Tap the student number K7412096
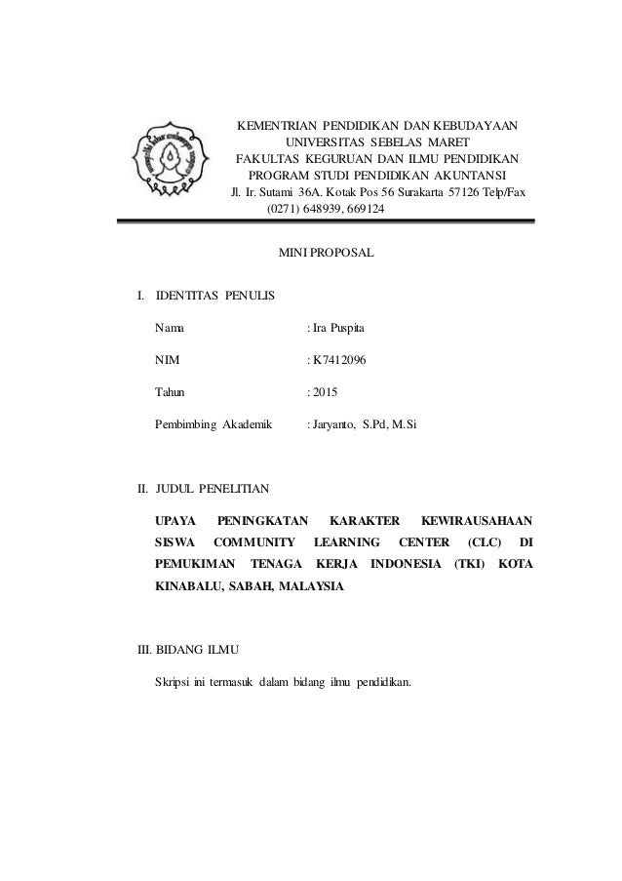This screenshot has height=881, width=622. pos(340,360)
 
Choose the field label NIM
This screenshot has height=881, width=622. pos(167,360)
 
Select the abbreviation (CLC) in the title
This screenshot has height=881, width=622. pos(485,541)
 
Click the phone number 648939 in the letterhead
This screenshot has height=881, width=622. pos(327,210)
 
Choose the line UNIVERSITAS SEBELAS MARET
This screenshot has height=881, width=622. pos(375,141)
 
